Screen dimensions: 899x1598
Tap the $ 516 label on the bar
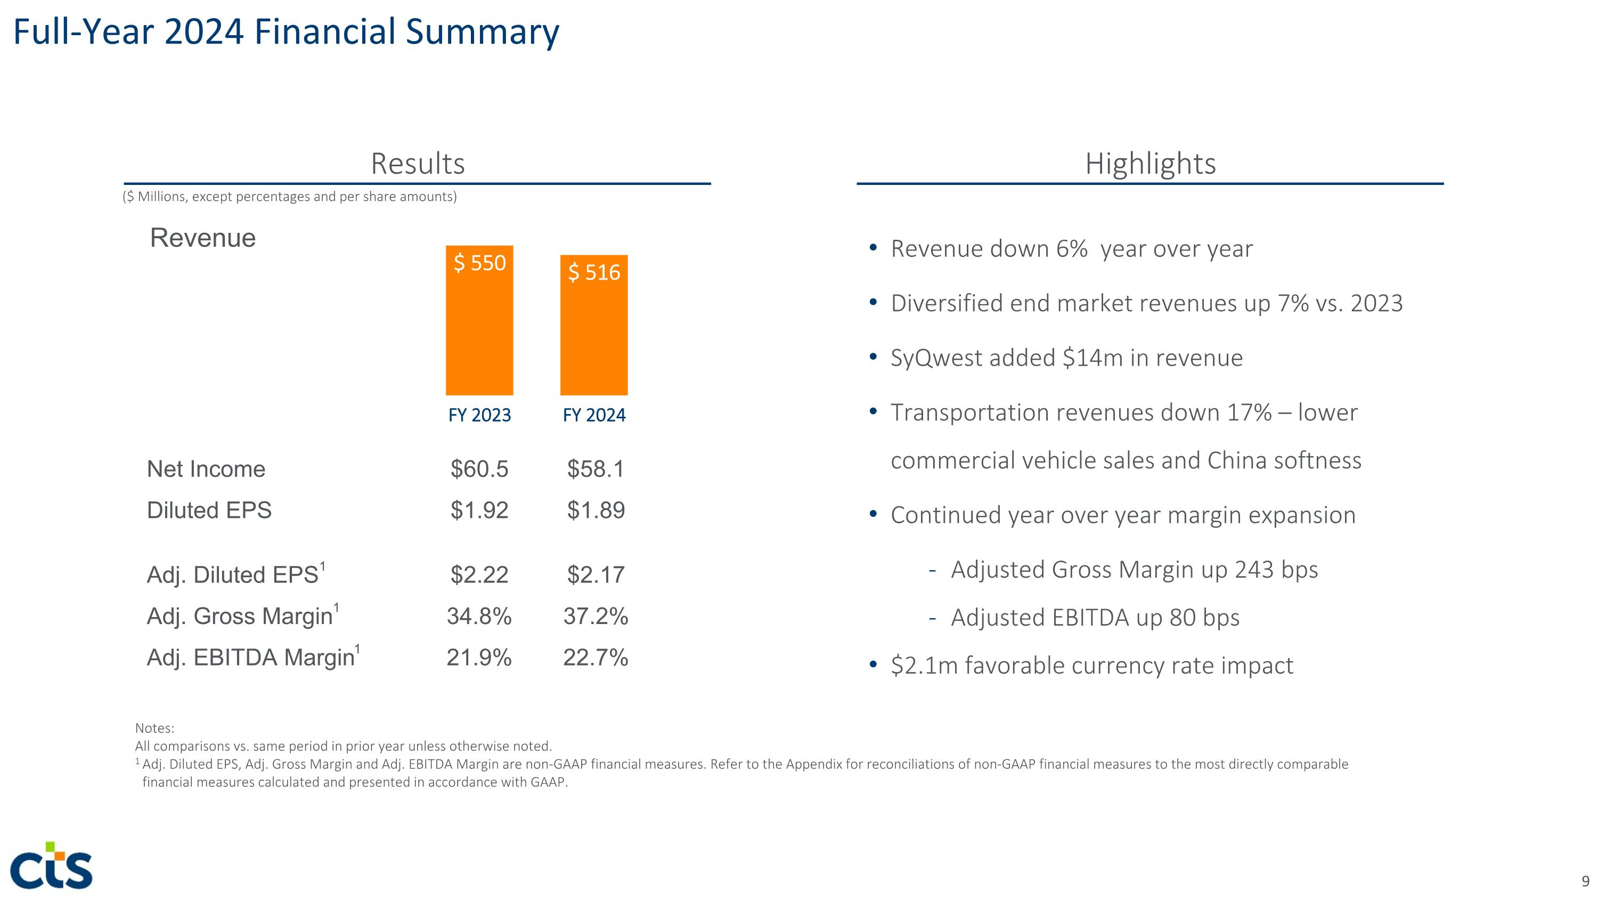point(594,272)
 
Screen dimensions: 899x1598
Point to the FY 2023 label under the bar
point(479,415)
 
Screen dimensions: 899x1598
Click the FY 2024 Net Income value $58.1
point(596,469)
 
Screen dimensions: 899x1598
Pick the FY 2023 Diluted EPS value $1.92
point(479,510)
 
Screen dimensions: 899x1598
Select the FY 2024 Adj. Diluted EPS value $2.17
point(596,574)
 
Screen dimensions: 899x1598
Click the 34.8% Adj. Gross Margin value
point(479,616)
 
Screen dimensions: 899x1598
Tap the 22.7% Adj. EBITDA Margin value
point(596,657)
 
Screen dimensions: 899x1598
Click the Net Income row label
point(206,469)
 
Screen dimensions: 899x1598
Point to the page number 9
point(1585,881)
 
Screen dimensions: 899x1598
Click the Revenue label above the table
point(203,238)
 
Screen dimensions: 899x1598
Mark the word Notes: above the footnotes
point(154,728)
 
